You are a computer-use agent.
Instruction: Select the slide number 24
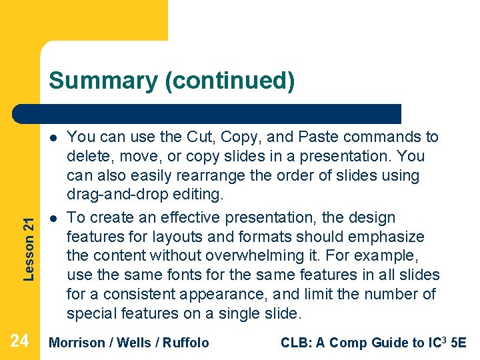[20, 341]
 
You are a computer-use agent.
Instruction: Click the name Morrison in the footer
[77, 343]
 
